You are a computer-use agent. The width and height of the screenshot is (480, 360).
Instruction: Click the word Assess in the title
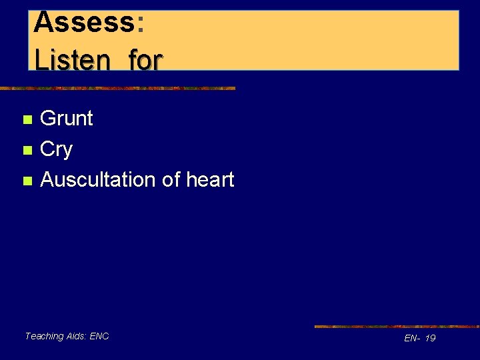83,22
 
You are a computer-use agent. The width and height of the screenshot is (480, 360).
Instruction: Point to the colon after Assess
140,23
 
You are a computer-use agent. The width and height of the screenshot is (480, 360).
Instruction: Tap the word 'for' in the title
145,60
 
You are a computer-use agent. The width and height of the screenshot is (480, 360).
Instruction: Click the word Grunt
67,119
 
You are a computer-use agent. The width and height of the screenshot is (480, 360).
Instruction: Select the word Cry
56,150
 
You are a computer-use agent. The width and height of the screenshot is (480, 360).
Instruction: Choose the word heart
210,179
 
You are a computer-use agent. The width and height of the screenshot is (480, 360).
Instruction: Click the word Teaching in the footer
44,337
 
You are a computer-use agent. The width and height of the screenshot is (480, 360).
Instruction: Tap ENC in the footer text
100,337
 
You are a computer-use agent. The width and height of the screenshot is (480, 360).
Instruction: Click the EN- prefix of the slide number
412,339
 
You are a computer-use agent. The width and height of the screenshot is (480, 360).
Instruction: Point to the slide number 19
430,339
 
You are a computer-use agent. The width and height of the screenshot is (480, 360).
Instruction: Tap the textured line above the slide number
397,327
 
